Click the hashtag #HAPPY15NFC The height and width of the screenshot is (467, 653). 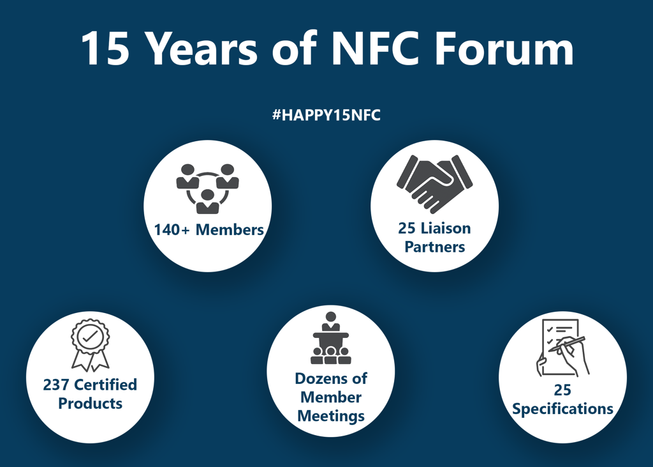(x=326, y=116)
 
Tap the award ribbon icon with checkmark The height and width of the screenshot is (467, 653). (x=90, y=345)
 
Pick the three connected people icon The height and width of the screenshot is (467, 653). (x=207, y=187)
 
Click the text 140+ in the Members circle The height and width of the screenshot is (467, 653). (x=172, y=229)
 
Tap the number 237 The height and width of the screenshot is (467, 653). (x=56, y=385)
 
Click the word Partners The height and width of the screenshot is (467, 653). (x=435, y=247)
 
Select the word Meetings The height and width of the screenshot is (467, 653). (x=331, y=416)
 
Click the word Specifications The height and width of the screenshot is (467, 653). (x=562, y=409)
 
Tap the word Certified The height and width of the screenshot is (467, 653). (x=105, y=385)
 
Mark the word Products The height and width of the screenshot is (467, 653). (x=90, y=404)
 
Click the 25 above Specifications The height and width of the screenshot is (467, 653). (x=562, y=390)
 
